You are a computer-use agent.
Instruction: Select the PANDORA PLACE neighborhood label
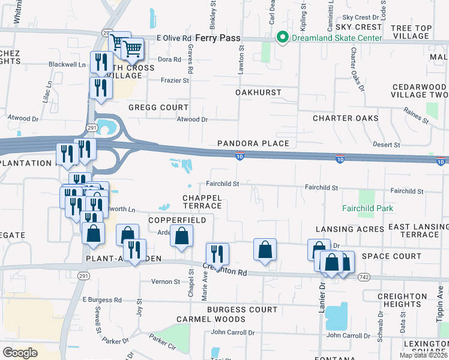click(x=253, y=143)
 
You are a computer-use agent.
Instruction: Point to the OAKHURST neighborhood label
click(x=258, y=92)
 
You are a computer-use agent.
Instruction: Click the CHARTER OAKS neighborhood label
click(x=345, y=118)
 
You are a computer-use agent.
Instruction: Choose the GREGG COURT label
click(x=158, y=107)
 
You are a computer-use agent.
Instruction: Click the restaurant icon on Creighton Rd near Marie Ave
click(x=217, y=254)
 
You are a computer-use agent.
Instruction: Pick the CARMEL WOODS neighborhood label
click(x=211, y=319)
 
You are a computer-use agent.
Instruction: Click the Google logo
click(x=20, y=352)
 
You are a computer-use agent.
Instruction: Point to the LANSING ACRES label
click(x=349, y=229)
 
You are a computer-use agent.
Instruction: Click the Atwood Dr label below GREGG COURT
click(x=191, y=119)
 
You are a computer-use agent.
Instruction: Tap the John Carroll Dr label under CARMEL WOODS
click(x=233, y=332)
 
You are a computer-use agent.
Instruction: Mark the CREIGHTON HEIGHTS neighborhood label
click(x=402, y=301)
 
